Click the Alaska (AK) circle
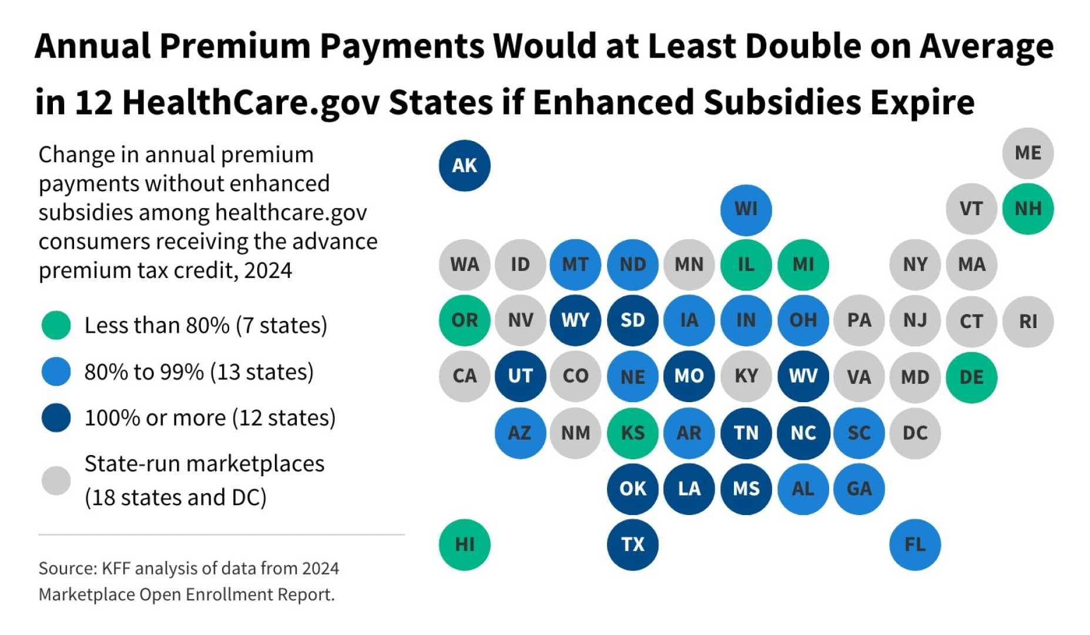click(464, 165)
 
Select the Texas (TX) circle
click(632, 544)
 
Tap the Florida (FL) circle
click(915, 544)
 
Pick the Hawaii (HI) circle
click(464, 544)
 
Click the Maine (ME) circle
click(1028, 153)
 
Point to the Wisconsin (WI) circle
click(746, 209)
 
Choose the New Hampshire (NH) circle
click(1028, 209)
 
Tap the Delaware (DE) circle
click(971, 377)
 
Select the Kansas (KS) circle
click(632, 433)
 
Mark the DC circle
click(915, 433)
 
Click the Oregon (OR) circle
click(464, 320)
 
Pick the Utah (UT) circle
click(520, 376)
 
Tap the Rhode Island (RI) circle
click(1028, 321)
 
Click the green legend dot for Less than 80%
click(56, 325)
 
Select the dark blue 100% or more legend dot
click(56, 418)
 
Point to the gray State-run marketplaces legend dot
click(56, 480)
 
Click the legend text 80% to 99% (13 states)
click(199, 372)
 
